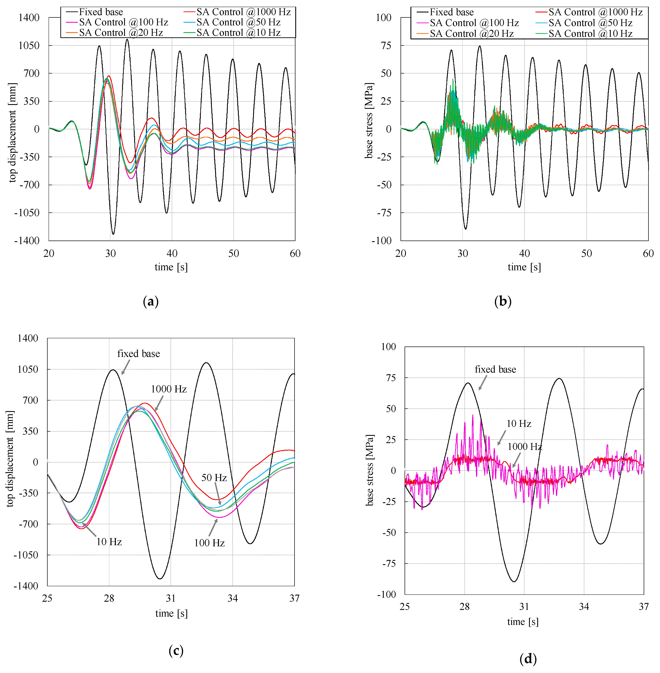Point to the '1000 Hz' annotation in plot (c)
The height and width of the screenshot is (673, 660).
point(169,389)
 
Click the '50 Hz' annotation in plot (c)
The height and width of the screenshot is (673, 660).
point(214,478)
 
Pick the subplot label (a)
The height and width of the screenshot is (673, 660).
point(150,301)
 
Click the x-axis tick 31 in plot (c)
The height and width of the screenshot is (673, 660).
point(171,598)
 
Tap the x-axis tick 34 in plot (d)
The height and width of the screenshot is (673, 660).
point(584,606)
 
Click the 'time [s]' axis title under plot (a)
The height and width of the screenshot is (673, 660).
point(171,267)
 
